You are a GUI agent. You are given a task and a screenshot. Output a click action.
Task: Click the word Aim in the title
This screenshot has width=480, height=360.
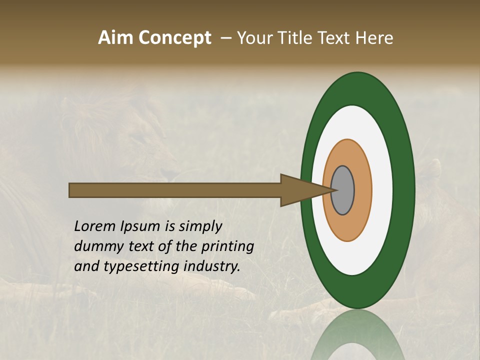coord(115,38)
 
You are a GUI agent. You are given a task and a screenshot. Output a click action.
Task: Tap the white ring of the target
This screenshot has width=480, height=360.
coord(382,190)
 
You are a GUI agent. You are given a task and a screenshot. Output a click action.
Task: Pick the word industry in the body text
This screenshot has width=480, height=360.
coord(212,266)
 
